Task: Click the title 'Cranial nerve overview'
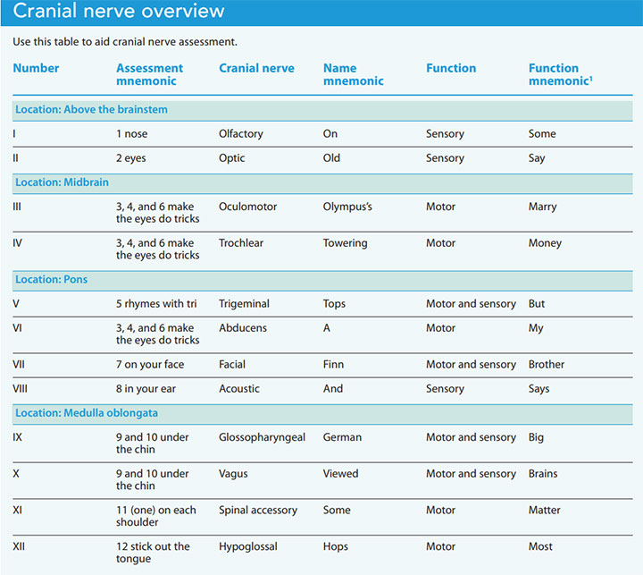[x=119, y=13]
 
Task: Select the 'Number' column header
[x=36, y=68]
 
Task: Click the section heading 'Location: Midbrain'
[x=62, y=182]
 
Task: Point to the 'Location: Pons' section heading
[x=51, y=280]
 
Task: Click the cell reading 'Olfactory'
[x=241, y=134]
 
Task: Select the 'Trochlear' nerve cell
[x=241, y=243]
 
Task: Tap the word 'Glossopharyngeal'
[x=262, y=437]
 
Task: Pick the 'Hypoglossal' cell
[x=248, y=546]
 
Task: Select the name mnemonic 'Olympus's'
[x=347, y=207]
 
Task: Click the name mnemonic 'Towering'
[x=346, y=243]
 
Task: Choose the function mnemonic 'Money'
[x=545, y=243]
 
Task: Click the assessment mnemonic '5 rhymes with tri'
[x=156, y=304]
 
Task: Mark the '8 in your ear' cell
[x=146, y=389]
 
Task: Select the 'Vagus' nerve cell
[x=236, y=474]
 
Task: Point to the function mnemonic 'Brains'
[x=543, y=474]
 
